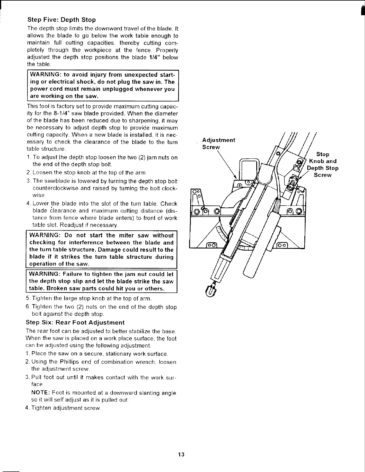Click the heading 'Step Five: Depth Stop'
tap(61, 20)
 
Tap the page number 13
tap(180, 454)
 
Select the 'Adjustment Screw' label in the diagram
tap(219, 144)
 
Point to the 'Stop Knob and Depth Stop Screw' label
tap(323, 165)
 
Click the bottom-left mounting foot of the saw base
tap(212, 245)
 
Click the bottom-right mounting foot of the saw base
tap(282, 245)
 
